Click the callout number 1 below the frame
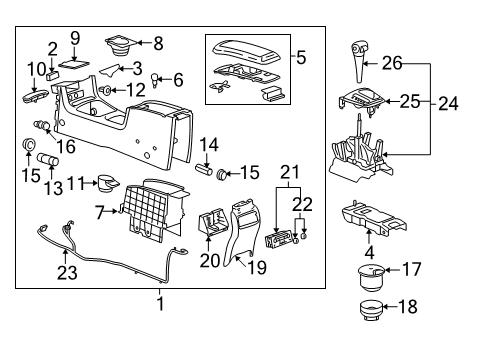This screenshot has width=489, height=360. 159,303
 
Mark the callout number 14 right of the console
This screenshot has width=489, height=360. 208,144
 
